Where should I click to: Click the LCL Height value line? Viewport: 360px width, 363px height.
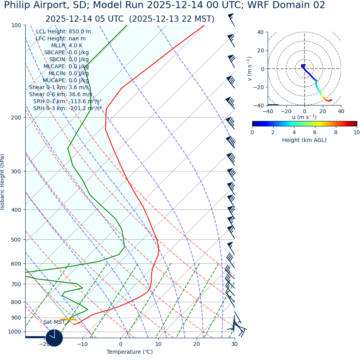[x=63, y=32]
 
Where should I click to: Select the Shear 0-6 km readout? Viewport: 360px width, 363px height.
[x=61, y=95]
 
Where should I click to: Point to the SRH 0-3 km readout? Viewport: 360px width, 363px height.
[x=67, y=109]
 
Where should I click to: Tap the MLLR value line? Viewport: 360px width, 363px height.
[x=67, y=46]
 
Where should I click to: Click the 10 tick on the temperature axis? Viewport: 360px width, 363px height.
[x=159, y=344]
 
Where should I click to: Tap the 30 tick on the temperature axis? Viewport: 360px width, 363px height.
[x=234, y=344]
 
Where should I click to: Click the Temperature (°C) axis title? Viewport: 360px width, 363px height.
[x=130, y=352]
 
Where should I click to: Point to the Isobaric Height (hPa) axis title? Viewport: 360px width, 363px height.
[x=3, y=182]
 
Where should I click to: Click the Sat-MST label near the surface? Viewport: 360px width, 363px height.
[x=54, y=322]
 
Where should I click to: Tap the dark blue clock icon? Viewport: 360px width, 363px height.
[x=54, y=338]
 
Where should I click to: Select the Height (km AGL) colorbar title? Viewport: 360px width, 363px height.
[x=304, y=140]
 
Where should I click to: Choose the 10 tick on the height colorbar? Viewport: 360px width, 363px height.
[x=357, y=133]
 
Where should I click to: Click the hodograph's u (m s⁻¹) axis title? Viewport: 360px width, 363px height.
[x=304, y=117]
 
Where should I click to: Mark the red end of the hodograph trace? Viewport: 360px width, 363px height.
[x=331, y=100]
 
